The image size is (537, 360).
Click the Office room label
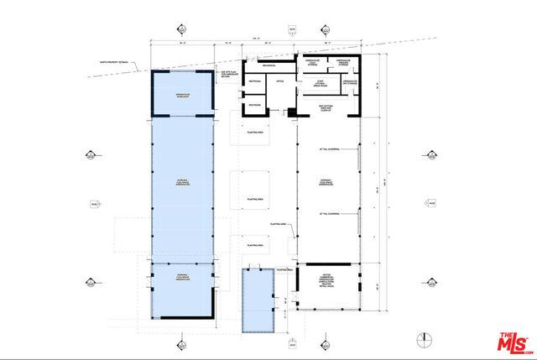click(x=280, y=81)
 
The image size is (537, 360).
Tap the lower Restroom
click(x=253, y=103)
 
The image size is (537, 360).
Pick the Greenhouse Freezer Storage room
click(x=345, y=64)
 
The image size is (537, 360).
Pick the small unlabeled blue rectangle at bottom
click(x=258, y=300)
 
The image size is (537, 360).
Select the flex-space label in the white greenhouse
click(x=326, y=182)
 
